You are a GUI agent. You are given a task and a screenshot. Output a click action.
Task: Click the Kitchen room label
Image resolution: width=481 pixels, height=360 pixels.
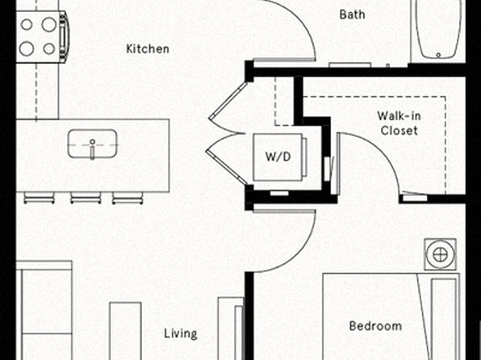(148, 48)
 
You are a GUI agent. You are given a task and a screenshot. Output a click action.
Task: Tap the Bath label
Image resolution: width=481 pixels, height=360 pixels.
(352, 15)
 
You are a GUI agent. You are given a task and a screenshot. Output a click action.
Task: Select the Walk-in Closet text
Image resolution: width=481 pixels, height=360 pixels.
(399, 123)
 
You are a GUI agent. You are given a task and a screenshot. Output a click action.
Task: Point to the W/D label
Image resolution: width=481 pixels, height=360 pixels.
(278, 157)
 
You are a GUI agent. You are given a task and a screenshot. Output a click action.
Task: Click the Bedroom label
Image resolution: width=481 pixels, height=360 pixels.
(375, 326)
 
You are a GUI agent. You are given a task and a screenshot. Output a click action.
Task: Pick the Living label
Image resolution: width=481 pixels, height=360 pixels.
(181, 334)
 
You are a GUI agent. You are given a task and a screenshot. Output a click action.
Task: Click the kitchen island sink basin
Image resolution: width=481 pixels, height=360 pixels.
(92, 144)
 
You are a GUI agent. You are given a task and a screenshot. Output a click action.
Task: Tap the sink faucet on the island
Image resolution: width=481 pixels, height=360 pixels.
(92, 149)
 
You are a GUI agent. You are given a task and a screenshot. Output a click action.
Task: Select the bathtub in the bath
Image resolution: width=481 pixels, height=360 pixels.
(438, 29)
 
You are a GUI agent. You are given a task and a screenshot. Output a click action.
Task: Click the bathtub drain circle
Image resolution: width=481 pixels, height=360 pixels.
(438, 55)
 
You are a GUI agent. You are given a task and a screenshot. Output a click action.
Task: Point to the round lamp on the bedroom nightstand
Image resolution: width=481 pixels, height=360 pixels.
(440, 255)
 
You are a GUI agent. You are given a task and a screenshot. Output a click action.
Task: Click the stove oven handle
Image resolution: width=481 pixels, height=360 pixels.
(64, 36)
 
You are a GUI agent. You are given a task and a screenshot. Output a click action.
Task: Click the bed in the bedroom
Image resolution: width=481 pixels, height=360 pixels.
(391, 316)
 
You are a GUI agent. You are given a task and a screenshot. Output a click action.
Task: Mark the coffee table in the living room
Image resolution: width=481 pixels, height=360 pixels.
(125, 331)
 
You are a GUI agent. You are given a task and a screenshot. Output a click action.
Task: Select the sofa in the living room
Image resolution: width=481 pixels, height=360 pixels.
(44, 311)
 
